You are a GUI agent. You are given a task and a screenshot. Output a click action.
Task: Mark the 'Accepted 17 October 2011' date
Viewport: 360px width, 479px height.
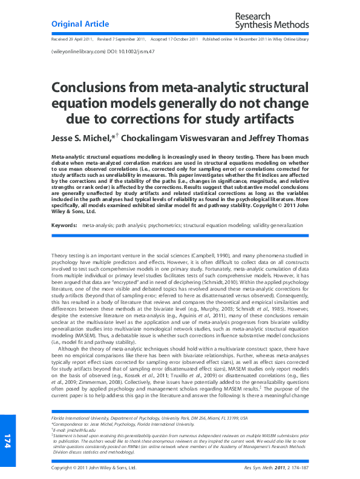[174, 39]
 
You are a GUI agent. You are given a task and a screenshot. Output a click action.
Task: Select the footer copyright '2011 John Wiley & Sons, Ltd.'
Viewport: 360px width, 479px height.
[94, 468]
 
